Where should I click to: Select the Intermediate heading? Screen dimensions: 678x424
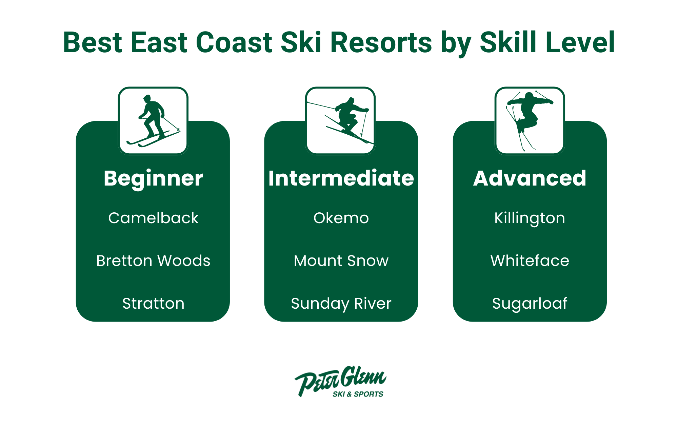[341, 178]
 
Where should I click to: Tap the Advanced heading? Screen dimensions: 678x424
[530, 178]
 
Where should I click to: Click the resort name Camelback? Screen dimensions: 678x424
[153, 218]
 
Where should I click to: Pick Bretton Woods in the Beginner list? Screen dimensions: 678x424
[153, 261]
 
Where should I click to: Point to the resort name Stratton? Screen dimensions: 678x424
[153, 303]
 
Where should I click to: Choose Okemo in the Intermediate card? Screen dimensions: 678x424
[341, 218]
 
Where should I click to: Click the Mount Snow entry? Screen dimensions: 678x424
[341, 261]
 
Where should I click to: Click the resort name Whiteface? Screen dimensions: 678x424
[530, 261]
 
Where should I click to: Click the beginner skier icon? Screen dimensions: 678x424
[153, 121]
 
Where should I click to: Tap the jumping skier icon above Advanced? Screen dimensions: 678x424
[530, 121]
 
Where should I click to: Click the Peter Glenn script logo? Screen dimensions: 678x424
[340, 379]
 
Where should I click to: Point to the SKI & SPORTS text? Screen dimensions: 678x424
[358, 394]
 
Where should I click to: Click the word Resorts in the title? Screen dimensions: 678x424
[381, 43]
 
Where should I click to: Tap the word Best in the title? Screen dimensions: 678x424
[93, 43]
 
